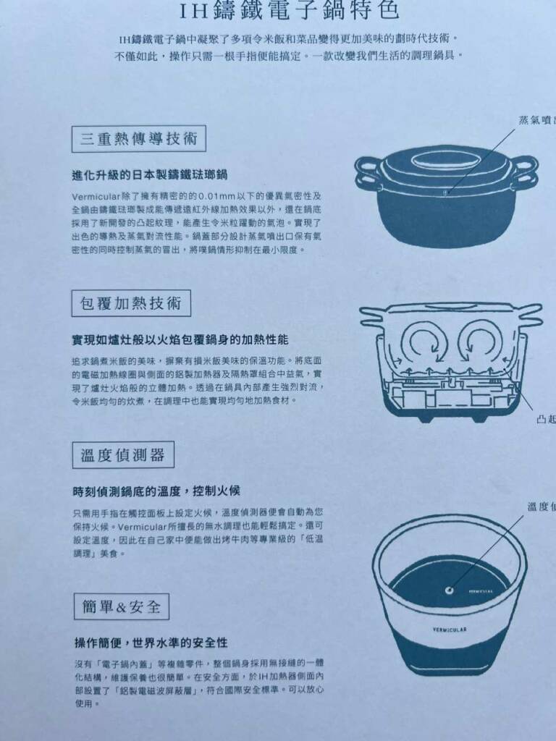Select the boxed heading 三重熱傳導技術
[x=138, y=138]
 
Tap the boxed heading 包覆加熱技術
[x=131, y=303]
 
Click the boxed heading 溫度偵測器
[x=122, y=454]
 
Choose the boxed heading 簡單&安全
[x=121, y=606]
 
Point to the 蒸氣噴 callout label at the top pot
[x=536, y=120]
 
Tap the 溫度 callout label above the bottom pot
[x=541, y=507]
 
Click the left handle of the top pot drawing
[x=369, y=172]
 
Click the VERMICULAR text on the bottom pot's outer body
[x=450, y=630]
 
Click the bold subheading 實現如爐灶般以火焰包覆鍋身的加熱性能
[x=180, y=339]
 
